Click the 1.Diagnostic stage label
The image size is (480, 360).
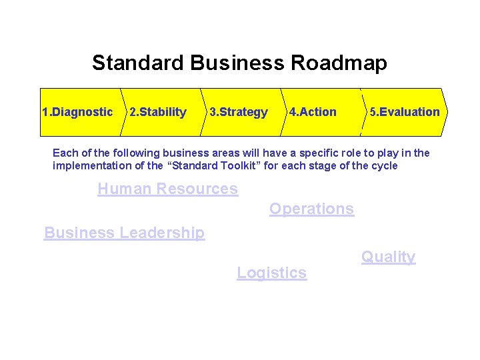[77, 112]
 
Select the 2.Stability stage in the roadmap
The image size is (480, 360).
[158, 112]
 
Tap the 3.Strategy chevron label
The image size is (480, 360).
[239, 112]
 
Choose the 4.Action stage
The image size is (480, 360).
[313, 112]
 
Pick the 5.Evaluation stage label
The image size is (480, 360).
[405, 112]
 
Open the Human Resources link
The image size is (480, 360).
[167, 189]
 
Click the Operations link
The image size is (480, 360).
[311, 209]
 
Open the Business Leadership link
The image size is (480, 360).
[124, 233]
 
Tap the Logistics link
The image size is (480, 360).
[271, 273]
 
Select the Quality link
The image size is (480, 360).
[388, 257]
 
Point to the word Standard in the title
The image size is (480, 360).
[138, 63]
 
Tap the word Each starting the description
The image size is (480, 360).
[64, 153]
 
